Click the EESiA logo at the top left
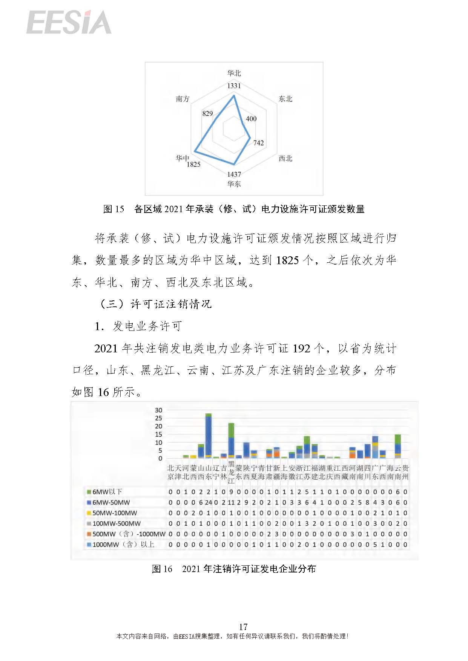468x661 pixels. (x=69, y=23)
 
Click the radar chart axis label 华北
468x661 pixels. (x=234, y=73)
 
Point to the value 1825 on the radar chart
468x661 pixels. (x=193, y=164)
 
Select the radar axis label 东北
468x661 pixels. (x=285, y=99)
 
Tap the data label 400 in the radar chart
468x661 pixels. (x=251, y=119)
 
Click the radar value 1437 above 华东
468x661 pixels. (x=234, y=174)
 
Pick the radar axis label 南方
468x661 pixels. (x=183, y=99)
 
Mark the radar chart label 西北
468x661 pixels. (x=285, y=158)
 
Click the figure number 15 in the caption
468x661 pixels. (x=119, y=209)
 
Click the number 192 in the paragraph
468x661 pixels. (x=302, y=348)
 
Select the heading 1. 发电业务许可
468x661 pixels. (x=138, y=326)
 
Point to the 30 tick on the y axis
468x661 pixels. (x=158, y=410)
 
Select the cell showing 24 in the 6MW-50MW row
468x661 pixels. (x=208, y=502)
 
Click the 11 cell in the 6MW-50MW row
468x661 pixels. (x=231, y=502)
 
